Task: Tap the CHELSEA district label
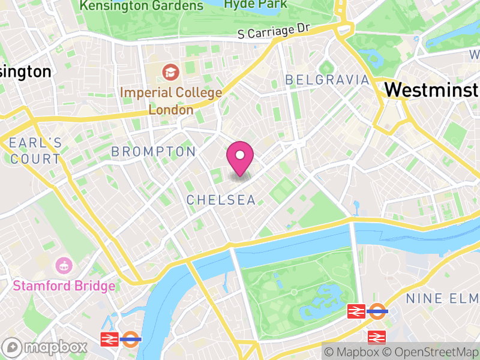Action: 221,200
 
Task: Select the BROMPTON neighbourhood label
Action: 154,152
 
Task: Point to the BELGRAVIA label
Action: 327,80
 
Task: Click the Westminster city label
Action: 432,89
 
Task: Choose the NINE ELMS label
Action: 443,298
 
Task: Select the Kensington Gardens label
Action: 142,6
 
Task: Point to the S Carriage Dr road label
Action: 274,31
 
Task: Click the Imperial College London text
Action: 171,101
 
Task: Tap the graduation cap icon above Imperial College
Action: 171,73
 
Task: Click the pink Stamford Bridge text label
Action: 64,286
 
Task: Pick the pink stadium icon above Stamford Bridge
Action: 64,265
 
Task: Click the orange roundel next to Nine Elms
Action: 377,311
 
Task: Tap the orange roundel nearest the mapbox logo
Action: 131,339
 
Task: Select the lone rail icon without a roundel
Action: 377,337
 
